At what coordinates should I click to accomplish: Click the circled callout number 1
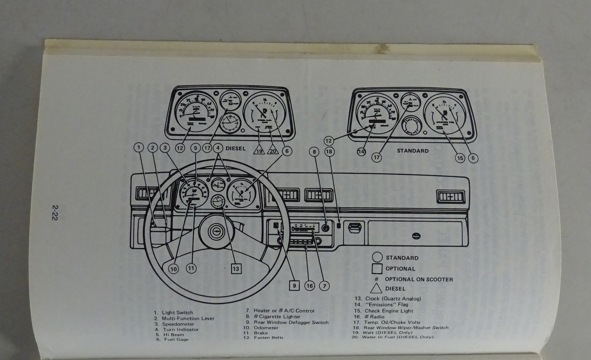point(139,148)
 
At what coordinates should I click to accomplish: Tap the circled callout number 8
point(314,151)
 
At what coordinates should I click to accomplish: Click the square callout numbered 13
point(236,269)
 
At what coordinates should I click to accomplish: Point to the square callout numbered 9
point(294,285)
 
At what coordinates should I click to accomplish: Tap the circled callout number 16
point(310,285)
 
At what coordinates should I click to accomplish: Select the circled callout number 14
point(361,151)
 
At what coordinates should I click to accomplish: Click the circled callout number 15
point(460,158)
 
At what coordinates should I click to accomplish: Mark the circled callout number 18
point(329,151)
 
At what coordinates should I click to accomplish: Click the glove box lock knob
point(417,235)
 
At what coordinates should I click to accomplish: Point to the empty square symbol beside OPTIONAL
point(378,269)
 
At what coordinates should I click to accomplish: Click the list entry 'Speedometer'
point(178,324)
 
